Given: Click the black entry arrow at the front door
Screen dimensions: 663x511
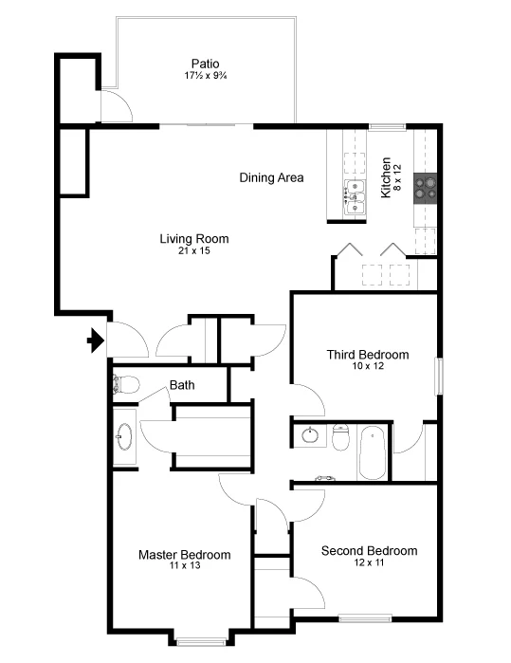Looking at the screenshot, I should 95,340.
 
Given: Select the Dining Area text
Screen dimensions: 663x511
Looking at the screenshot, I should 271,177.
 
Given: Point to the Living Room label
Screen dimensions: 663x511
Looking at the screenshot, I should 193,239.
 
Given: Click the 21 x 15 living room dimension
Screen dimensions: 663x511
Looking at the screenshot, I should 193,251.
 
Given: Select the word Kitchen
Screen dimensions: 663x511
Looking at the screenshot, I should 386,177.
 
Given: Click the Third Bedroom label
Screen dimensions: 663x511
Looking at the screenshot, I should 368,355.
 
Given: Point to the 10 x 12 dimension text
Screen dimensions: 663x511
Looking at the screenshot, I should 368,367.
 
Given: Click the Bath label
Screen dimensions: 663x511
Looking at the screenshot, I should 182,385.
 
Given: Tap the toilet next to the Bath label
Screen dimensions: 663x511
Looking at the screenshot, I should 124,384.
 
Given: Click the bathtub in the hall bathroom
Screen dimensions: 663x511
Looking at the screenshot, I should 373,453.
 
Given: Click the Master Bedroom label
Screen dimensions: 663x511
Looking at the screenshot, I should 184,555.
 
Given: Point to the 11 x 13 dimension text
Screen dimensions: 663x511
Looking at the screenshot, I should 184,566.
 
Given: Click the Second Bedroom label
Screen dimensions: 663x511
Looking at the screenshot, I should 369,551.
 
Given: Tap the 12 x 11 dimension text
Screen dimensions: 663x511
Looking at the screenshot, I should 369,563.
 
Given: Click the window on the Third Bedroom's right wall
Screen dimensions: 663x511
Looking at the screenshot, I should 438,376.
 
